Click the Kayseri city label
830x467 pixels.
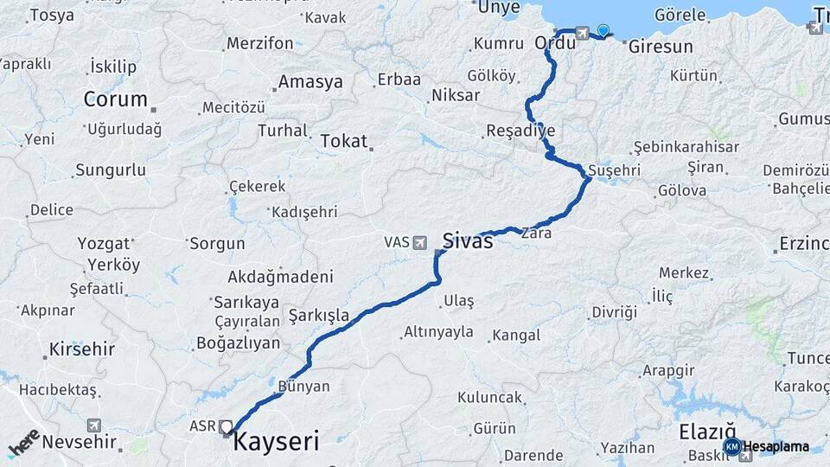277,441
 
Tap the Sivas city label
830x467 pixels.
468,241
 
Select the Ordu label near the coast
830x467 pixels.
555,42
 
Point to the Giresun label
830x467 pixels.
661,47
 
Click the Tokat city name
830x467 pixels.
344,140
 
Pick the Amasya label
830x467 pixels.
310,83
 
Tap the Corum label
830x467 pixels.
115,99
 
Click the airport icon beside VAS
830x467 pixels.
420,243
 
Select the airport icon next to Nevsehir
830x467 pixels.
93,425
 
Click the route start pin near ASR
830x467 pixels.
227,426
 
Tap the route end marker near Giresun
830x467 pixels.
603,30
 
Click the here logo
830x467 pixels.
23,443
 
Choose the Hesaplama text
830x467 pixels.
776,446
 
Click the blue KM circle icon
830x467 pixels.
731,446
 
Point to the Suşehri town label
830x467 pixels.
613,170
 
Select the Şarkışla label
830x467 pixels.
319,316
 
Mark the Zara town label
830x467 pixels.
536,233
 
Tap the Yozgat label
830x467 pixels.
104,243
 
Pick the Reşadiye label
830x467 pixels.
520,131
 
